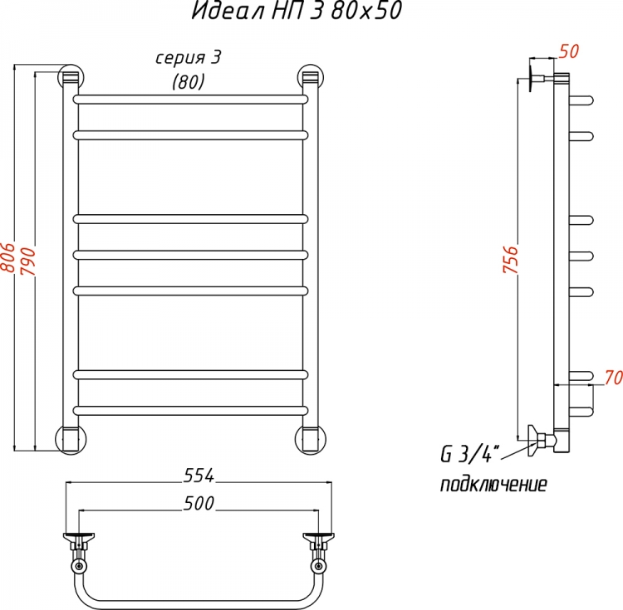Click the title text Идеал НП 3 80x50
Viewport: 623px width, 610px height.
(297, 11)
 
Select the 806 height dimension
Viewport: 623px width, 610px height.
(7, 257)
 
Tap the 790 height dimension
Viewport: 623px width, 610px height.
(28, 261)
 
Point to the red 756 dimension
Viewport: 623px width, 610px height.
(511, 259)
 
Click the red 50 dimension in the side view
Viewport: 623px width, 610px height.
(568, 51)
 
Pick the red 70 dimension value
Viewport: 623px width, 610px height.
(614, 378)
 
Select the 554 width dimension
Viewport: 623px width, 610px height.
(199, 475)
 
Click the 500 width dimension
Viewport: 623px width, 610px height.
(199, 503)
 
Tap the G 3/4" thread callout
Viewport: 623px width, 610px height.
(469, 454)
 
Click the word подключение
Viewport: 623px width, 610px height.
(493, 485)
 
